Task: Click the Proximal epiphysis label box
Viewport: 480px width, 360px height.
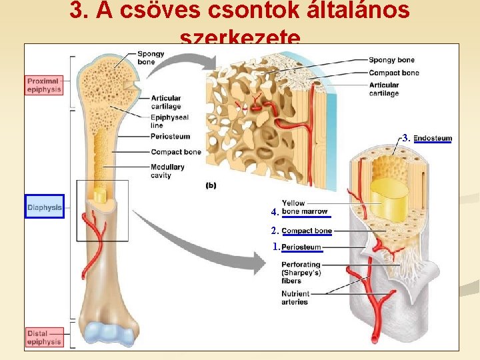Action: pyautogui.click(x=44, y=85)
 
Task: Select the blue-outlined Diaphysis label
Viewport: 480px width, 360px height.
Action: pyautogui.click(x=45, y=207)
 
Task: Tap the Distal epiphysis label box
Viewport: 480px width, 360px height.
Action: pyautogui.click(x=44, y=337)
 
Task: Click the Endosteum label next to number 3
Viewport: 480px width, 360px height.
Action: pyautogui.click(x=433, y=139)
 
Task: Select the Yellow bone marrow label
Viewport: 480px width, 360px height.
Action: pyautogui.click(x=305, y=207)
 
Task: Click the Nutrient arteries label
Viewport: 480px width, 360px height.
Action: pyautogui.click(x=295, y=298)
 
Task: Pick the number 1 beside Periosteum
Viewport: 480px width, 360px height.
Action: pyautogui.click(x=277, y=247)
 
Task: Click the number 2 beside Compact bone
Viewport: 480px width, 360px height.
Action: pyautogui.click(x=275, y=231)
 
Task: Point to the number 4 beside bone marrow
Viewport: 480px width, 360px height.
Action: pyautogui.click(x=275, y=212)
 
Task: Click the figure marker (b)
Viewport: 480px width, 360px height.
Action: pyautogui.click(x=211, y=185)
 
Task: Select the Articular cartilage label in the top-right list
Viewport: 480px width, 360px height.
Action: pyautogui.click(x=383, y=89)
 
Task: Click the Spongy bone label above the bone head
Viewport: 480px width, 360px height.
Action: pyautogui.click(x=146, y=58)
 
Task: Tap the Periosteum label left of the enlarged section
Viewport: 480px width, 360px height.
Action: pyautogui.click(x=170, y=136)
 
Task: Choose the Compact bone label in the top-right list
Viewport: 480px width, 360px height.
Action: pyautogui.click(x=393, y=73)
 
